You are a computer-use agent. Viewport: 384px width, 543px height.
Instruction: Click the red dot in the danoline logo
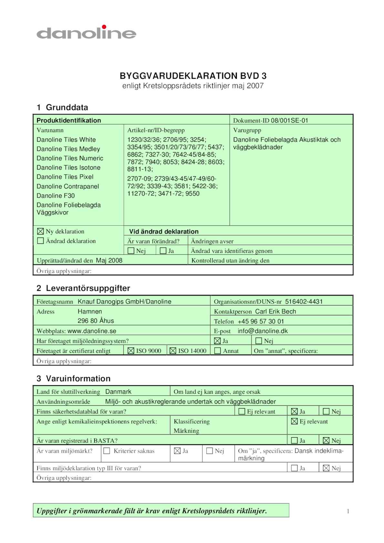[x=104, y=27]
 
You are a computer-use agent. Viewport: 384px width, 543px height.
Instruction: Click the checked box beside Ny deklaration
[x=40, y=231]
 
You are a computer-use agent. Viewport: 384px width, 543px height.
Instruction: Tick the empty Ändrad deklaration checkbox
[x=40, y=241]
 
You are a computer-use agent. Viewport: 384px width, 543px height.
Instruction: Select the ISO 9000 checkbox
[x=131, y=350]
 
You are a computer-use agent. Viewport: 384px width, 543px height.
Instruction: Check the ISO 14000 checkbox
[x=173, y=350]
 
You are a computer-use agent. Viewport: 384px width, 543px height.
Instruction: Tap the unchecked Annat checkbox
[x=217, y=350]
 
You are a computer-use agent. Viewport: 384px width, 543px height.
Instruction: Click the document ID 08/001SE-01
[x=289, y=121]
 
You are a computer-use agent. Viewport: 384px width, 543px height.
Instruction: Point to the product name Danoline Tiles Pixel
[x=65, y=177]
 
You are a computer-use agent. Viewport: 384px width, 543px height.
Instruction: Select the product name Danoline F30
[x=56, y=195]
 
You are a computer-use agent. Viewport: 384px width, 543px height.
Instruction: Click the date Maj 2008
[x=109, y=260]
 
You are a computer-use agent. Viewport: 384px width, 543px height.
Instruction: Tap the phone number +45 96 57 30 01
[x=261, y=321]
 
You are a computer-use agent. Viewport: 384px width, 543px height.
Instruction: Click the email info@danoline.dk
[x=263, y=331]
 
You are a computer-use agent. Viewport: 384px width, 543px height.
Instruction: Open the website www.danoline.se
[x=92, y=331]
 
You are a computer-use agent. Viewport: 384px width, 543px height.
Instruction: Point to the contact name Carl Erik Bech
[x=275, y=311]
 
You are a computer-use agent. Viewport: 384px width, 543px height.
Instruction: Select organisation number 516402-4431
[x=304, y=301]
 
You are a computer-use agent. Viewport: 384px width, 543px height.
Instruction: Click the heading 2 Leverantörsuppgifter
[x=83, y=288]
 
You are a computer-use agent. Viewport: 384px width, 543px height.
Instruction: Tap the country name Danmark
[x=118, y=392]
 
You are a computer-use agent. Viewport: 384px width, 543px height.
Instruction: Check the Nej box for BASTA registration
[x=326, y=440]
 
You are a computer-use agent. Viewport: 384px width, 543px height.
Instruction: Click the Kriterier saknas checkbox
[x=106, y=451]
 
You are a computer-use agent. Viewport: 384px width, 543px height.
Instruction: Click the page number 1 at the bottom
[x=348, y=511]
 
